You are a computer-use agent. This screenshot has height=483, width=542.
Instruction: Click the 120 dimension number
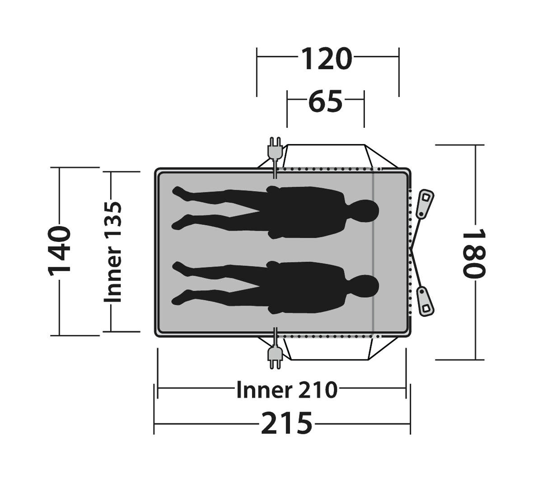[326, 59]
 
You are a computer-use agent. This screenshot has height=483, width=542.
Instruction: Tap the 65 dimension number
[325, 101]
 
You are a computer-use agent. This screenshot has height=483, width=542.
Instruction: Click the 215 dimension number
[286, 423]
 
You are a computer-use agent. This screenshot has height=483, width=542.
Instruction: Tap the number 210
[317, 390]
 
